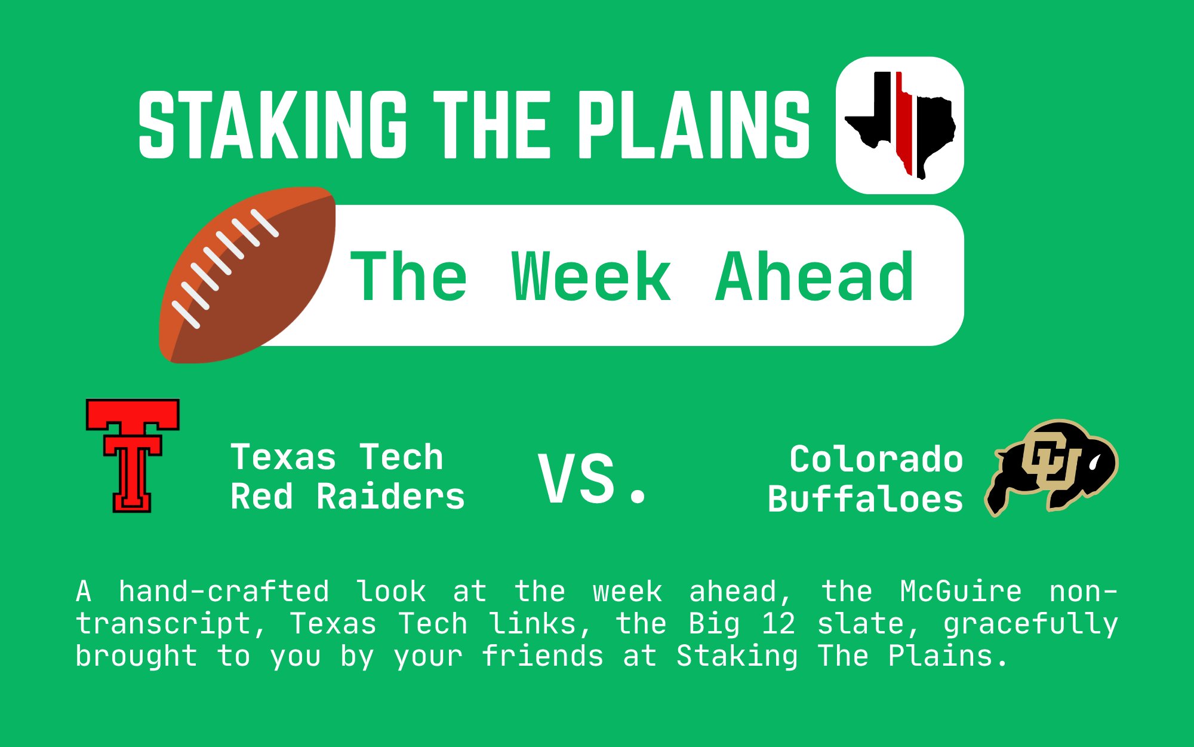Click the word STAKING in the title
click(273, 125)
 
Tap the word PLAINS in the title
click(694, 125)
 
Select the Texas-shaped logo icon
click(900, 125)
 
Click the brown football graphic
click(247, 275)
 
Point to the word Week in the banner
click(591, 277)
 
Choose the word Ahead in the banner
click(814, 276)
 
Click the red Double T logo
click(133, 455)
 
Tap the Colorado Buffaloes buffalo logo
click(1051, 468)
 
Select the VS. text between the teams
click(592, 478)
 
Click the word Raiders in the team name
click(390, 497)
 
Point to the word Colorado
click(876, 460)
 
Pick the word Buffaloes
click(866, 499)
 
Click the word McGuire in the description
click(961, 592)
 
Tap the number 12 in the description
click(778, 624)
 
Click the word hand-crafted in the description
click(224, 591)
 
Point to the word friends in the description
click(543, 656)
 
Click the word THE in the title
click(490, 125)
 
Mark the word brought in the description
click(136, 657)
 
